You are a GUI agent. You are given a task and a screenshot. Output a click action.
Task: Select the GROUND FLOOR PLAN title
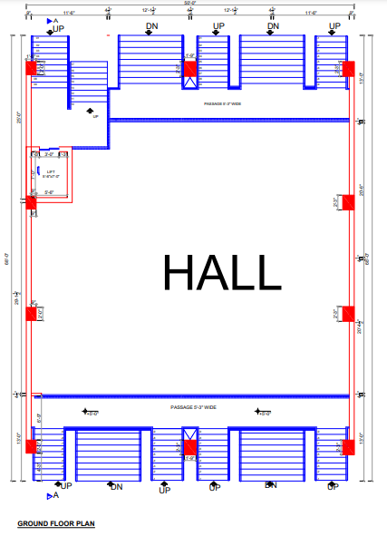pyautogui.click(x=56, y=524)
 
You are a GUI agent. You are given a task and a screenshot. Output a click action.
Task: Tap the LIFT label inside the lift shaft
pyautogui.click(x=51, y=171)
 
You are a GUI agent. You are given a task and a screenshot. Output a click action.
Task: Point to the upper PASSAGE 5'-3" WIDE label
pyautogui.click(x=224, y=104)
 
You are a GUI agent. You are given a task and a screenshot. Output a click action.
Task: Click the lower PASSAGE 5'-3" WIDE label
pyautogui.click(x=193, y=407)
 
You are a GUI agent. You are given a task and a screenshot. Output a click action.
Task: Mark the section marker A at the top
pyautogui.click(x=52, y=19)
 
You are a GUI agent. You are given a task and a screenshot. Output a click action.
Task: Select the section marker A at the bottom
pyautogui.click(x=53, y=496)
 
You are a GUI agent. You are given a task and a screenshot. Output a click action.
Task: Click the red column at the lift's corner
pyautogui.click(x=31, y=202)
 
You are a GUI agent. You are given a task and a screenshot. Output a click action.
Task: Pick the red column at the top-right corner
pyautogui.click(x=348, y=68)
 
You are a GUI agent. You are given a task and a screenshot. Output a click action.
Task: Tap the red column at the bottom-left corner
pyautogui.click(x=31, y=446)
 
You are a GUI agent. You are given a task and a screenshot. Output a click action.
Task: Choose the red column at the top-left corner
pyautogui.click(x=31, y=68)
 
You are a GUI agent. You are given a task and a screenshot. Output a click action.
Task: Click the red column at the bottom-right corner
pyautogui.click(x=348, y=446)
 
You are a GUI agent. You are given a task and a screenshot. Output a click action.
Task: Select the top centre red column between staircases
pyautogui.click(x=189, y=68)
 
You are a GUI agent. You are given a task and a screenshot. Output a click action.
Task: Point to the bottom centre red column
pyautogui.click(x=189, y=446)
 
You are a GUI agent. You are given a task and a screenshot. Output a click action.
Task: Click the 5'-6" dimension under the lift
pyautogui.click(x=49, y=192)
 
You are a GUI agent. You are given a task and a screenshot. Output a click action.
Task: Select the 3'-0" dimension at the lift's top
pyautogui.click(x=50, y=154)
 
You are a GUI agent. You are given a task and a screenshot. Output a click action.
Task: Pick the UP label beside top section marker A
pyautogui.click(x=60, y=29)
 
